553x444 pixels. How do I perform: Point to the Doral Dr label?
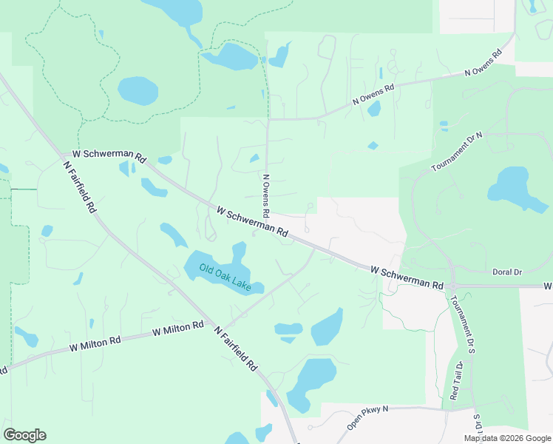pos(506,272)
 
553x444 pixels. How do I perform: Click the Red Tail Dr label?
pos(456,380)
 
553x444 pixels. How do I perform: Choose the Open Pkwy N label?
pos(367,419)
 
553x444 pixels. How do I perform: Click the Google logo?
pos(24,435)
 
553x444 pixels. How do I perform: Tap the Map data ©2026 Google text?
pos(506,438)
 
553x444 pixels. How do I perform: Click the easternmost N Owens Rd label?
pos(483,63)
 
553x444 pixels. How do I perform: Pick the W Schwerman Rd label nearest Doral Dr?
pos(407,278)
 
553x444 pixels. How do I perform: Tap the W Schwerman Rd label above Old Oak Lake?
pos(252,221)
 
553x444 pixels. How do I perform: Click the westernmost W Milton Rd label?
pos(95,342)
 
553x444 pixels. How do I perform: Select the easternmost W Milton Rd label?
pos(177,328)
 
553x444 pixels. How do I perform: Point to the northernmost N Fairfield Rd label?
pos(81,187)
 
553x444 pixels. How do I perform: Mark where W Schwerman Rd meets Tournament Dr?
pos(452,285)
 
